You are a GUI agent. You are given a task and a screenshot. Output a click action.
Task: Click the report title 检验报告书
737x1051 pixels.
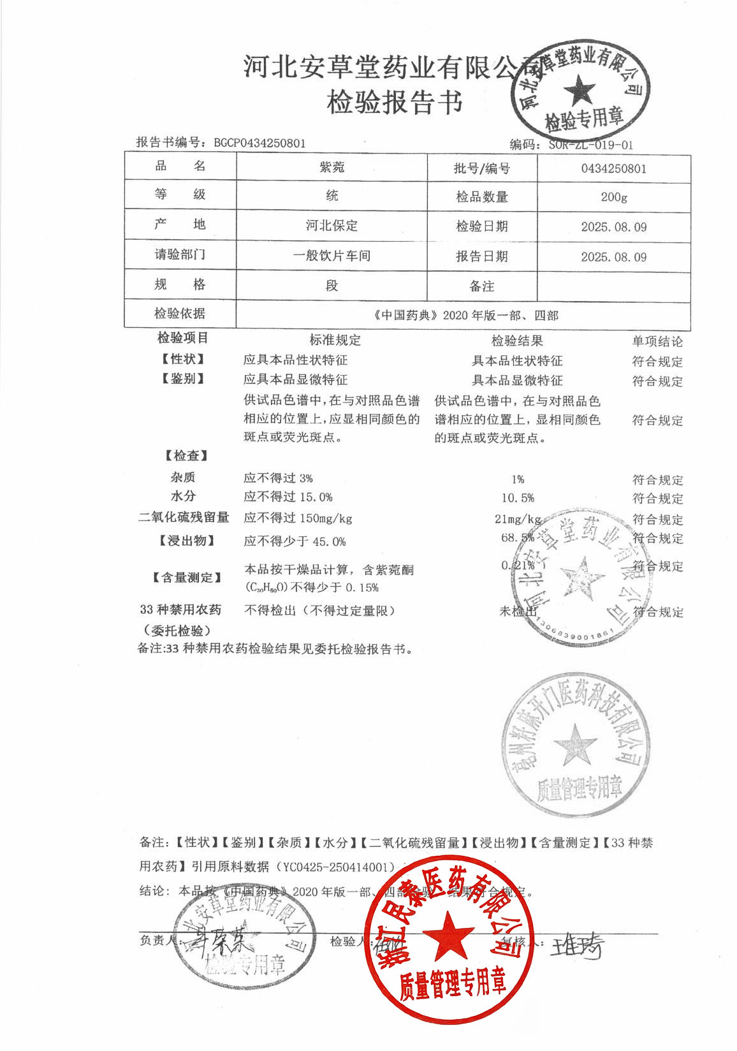(395, 102)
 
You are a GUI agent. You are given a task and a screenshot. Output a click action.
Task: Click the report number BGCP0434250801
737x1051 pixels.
(259, 143)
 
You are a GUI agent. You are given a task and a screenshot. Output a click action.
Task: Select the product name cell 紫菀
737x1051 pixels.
(332, 167)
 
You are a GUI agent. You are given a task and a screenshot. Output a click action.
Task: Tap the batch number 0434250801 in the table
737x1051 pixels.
(613, 169)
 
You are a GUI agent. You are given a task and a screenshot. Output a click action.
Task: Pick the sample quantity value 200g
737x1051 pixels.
(613, 197)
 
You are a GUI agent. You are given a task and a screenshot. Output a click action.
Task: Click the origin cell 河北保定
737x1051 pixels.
(332, 226)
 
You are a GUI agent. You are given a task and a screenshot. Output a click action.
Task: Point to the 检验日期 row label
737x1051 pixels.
(482, 226)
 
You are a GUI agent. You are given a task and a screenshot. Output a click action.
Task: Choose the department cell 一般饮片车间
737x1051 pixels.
(332, 256)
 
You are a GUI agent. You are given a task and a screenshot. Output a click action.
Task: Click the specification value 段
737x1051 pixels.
(332, 285)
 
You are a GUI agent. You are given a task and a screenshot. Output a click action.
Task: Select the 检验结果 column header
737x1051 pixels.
(517, 341)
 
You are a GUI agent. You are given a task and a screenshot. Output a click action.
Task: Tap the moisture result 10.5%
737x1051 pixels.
(518, 498)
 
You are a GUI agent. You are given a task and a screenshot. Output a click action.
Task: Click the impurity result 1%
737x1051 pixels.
(518, 479)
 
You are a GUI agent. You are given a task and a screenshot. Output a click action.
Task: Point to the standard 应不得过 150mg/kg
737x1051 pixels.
(298, 518)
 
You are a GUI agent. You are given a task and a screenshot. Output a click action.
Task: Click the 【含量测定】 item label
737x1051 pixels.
(187, 578)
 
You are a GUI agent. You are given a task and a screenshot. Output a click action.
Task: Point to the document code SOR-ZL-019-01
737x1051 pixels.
(590, 145)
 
